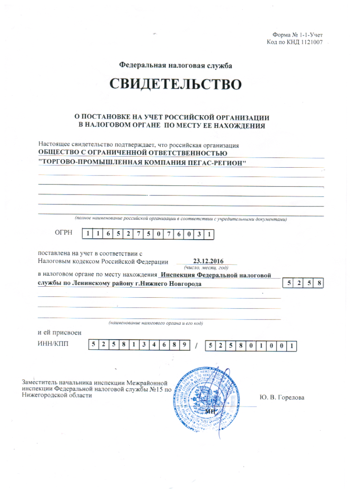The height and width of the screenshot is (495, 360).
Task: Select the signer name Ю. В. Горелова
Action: click(x=282, y=397)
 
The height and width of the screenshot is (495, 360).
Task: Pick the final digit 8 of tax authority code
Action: click(x=319, y=283)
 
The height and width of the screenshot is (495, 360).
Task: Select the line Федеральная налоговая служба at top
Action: click(x=176, y=65)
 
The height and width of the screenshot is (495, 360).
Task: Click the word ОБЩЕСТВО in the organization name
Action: click(x=57, y=153)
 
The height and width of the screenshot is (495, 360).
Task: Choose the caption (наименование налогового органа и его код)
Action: click(x=155, y=323)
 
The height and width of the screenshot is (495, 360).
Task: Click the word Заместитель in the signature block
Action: click(x=40, y=382)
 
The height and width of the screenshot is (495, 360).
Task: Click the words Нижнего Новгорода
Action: click(x=176, y=284)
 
